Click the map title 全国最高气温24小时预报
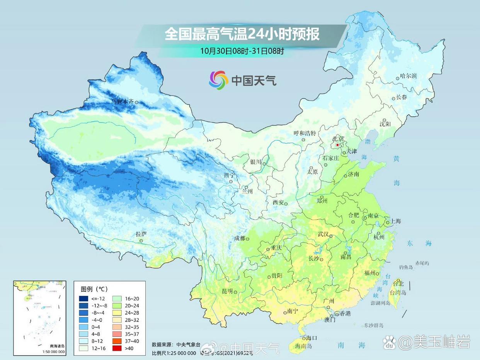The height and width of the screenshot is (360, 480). tap(242, 34)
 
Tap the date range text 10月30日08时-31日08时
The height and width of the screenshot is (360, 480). tap(242, 51)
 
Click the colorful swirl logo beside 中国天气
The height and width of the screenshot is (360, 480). tap(219, 80)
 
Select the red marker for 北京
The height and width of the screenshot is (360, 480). tap(337, 145)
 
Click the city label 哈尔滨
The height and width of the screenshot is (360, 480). tap(409, 76)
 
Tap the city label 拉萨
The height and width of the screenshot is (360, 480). tap(141, 234)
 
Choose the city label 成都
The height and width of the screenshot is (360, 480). tap(239, 238)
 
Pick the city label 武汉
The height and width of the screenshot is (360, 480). tap(323, 234)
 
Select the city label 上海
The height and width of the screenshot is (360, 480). tap(396, 221)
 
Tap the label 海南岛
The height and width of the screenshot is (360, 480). tap(303, 346)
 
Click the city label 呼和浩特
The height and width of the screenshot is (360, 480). tap(305, 133)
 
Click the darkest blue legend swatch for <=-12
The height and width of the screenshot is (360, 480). tap(83, 298)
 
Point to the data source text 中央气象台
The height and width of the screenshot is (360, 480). tap(188, 345)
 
